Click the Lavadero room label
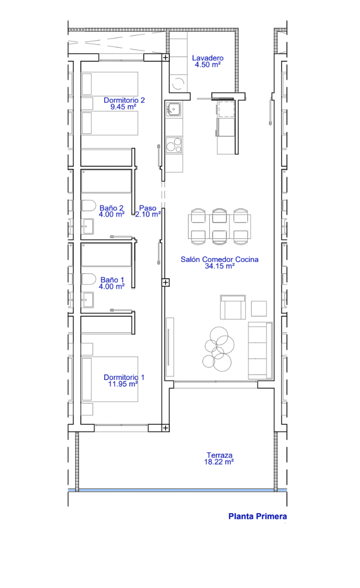click(x=208, y=58)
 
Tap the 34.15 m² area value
click(x=220, y=266)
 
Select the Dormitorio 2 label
click(x=124, y=100)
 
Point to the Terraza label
click(x=220, y=455)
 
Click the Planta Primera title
click(x=258, y=516)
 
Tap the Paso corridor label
click(x=147, y=208)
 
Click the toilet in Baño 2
click(x=89, y=205)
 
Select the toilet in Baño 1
click(x=89, y=279)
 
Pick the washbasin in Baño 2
click(x=88, y=227)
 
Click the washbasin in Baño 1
click(x=88, y=300)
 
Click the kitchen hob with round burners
click(x=174, y=145)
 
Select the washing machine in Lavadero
click(x=178, y=83)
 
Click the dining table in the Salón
click(x=219, y=227)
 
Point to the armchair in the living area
click(x=233, y=307)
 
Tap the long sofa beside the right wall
click(x=260, y=350)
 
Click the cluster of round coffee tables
click(x=218, y=349)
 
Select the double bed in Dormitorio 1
click(x=109, y=379)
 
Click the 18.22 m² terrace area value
click(x=219, y=462)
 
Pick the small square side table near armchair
click(x=259, y=308)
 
